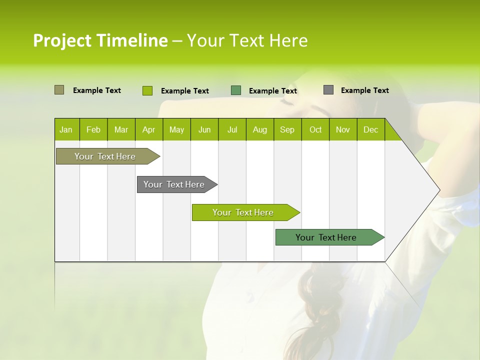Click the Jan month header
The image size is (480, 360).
(66, 129)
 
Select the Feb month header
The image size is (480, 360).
(93, 129)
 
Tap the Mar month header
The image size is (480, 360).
(121, 129)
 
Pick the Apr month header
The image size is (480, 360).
(149, 129)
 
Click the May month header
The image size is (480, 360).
(176, 129)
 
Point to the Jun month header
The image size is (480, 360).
(204, 129)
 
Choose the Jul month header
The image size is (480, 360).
(232, 129)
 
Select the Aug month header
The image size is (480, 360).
(260, 129)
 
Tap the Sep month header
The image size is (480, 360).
(287, 129)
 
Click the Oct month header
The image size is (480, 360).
(315, 129)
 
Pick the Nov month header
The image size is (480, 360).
(343, 129)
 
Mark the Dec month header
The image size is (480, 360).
(371, 129)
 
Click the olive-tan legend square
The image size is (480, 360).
(59, 90)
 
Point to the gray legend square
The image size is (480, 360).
(328, 90)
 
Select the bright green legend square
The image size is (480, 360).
(147, 90)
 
